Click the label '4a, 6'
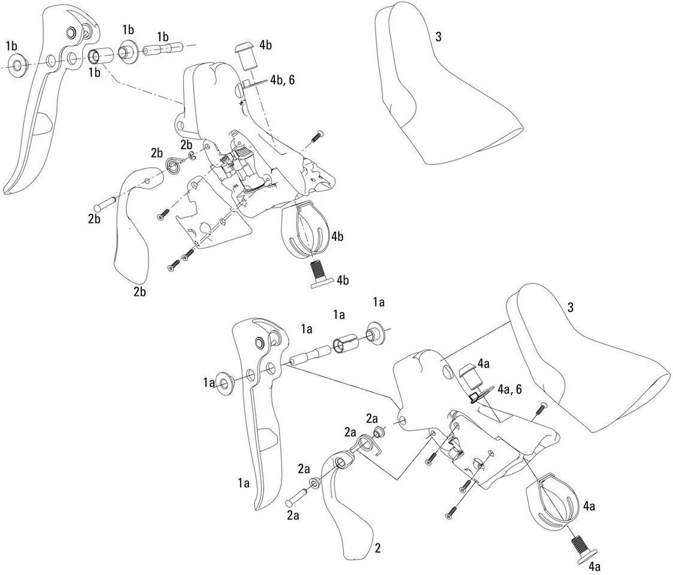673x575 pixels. [507, 390]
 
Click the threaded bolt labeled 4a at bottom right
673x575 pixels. [578, 547]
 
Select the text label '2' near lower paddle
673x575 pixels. [378, 548]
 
